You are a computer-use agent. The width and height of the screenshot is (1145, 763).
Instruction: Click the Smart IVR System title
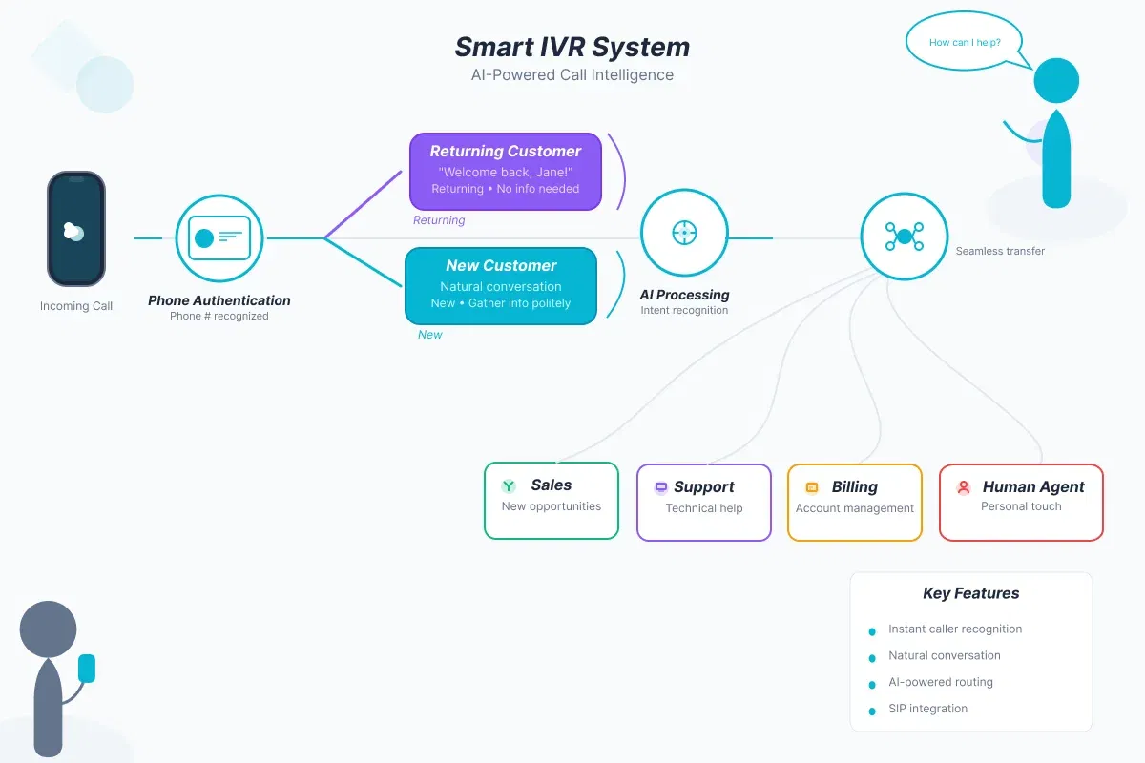coord(572,47)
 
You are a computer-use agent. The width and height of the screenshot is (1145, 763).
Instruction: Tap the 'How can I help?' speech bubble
coord(965,41)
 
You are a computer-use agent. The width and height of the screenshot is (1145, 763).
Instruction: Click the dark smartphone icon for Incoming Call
coord(76,229)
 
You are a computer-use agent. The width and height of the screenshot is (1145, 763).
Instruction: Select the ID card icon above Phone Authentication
coord(219,238)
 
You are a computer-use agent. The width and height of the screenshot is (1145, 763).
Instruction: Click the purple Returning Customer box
coord(506,172)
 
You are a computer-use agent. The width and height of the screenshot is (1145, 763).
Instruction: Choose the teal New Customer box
coord(501,286)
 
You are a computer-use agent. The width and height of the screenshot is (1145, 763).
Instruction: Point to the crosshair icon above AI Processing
coord(684,233)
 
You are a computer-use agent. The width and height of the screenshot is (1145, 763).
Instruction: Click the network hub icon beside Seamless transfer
coord(905,237)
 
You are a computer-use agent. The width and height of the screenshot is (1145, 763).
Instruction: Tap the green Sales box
coord(552,501)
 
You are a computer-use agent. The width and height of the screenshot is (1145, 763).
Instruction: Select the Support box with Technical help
coord(704,503)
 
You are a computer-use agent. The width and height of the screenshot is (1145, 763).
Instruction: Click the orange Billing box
coord(855,503)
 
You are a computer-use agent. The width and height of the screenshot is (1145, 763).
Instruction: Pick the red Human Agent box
coord(1021,503)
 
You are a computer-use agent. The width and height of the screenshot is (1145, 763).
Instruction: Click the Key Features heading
coord(970,593)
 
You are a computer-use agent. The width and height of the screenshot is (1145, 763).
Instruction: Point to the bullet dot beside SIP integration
coord(872,711)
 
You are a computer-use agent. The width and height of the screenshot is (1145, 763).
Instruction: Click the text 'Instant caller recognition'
coord(955,629)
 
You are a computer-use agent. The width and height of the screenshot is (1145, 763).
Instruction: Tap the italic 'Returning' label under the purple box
coord(439,219)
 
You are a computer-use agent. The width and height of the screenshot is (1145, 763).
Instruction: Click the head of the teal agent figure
coord(1056,81)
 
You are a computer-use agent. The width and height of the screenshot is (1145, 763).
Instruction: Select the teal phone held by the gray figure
coord(87,669)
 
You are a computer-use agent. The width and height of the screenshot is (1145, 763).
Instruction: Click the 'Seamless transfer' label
coord(1000,251)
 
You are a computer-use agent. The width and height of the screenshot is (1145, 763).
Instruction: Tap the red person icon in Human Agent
coord(964,487)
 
